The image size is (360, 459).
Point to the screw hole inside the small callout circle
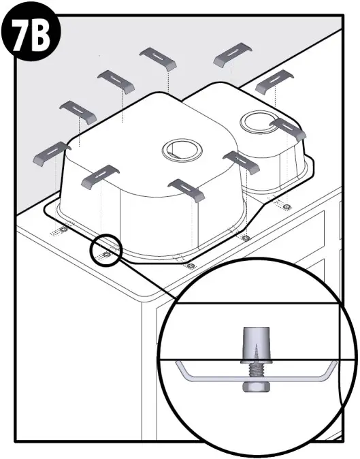pos(105,255)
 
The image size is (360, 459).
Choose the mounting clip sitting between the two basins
pos(241,161)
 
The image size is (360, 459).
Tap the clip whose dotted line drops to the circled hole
pos(99,176)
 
